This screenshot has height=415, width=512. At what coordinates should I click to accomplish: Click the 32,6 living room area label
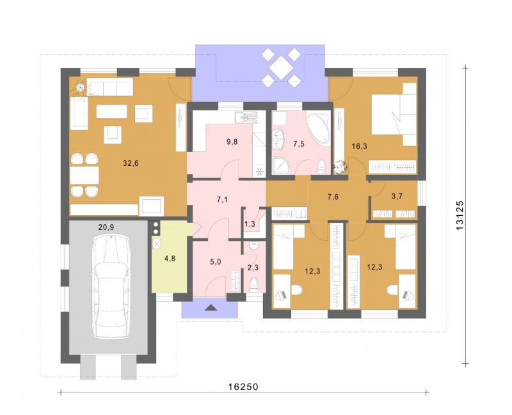point(131,163)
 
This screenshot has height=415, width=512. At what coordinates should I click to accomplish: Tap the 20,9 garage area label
point(106,227)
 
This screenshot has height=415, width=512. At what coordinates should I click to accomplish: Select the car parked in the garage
point(111,287)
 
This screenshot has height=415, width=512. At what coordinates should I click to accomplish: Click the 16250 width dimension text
point(243,387)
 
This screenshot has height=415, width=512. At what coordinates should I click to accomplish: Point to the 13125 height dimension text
point(460,215)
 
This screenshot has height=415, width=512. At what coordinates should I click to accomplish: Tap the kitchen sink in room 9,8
point(246,117)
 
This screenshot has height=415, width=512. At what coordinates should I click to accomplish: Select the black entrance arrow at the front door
point(211,307)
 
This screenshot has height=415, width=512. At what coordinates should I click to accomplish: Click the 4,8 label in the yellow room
point(170,259)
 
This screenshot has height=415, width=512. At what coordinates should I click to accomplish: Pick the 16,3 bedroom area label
point(359,146)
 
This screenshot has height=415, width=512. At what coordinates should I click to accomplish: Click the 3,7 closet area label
point(397,196)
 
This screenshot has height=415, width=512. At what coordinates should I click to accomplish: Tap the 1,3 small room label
point(250,224)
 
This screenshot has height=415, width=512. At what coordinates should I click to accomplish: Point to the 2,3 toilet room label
point(253,268)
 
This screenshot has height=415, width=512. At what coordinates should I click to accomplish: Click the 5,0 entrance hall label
point(215,262)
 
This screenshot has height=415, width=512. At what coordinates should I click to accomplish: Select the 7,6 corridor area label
point(333,197)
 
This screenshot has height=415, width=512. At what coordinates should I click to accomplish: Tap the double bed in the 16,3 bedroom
point(394,115)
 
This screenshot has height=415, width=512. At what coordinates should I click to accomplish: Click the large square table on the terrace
point(281,67)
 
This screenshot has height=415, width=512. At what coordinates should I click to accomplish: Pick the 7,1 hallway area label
point(222,199)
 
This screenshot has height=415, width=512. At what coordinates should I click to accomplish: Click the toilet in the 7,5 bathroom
point(322,166)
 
